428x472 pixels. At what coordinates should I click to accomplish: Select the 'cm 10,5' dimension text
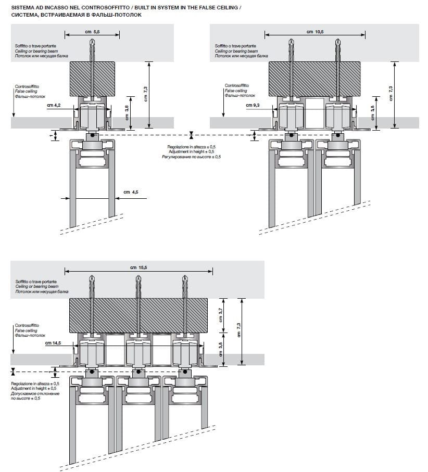coord(314,32)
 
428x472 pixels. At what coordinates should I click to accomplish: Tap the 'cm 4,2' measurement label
coord(54,106)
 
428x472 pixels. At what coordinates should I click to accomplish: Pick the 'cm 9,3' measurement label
coord(253,106)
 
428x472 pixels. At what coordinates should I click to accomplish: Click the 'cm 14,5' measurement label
coord(53,343)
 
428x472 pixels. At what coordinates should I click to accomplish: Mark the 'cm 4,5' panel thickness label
coord(131,193)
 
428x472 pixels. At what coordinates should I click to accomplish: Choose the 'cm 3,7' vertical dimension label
coord(221,314)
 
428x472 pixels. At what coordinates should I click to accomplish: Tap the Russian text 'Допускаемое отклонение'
coord(35,394)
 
